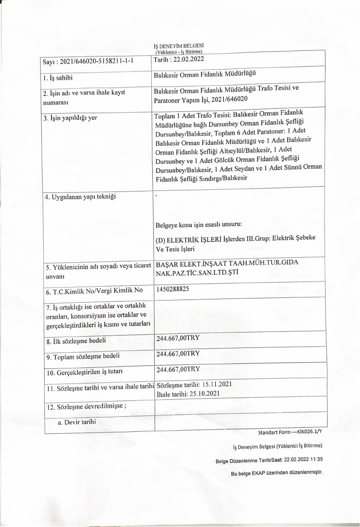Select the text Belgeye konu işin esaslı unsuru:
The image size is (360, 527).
pyautogui.click(x=198, y=225)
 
